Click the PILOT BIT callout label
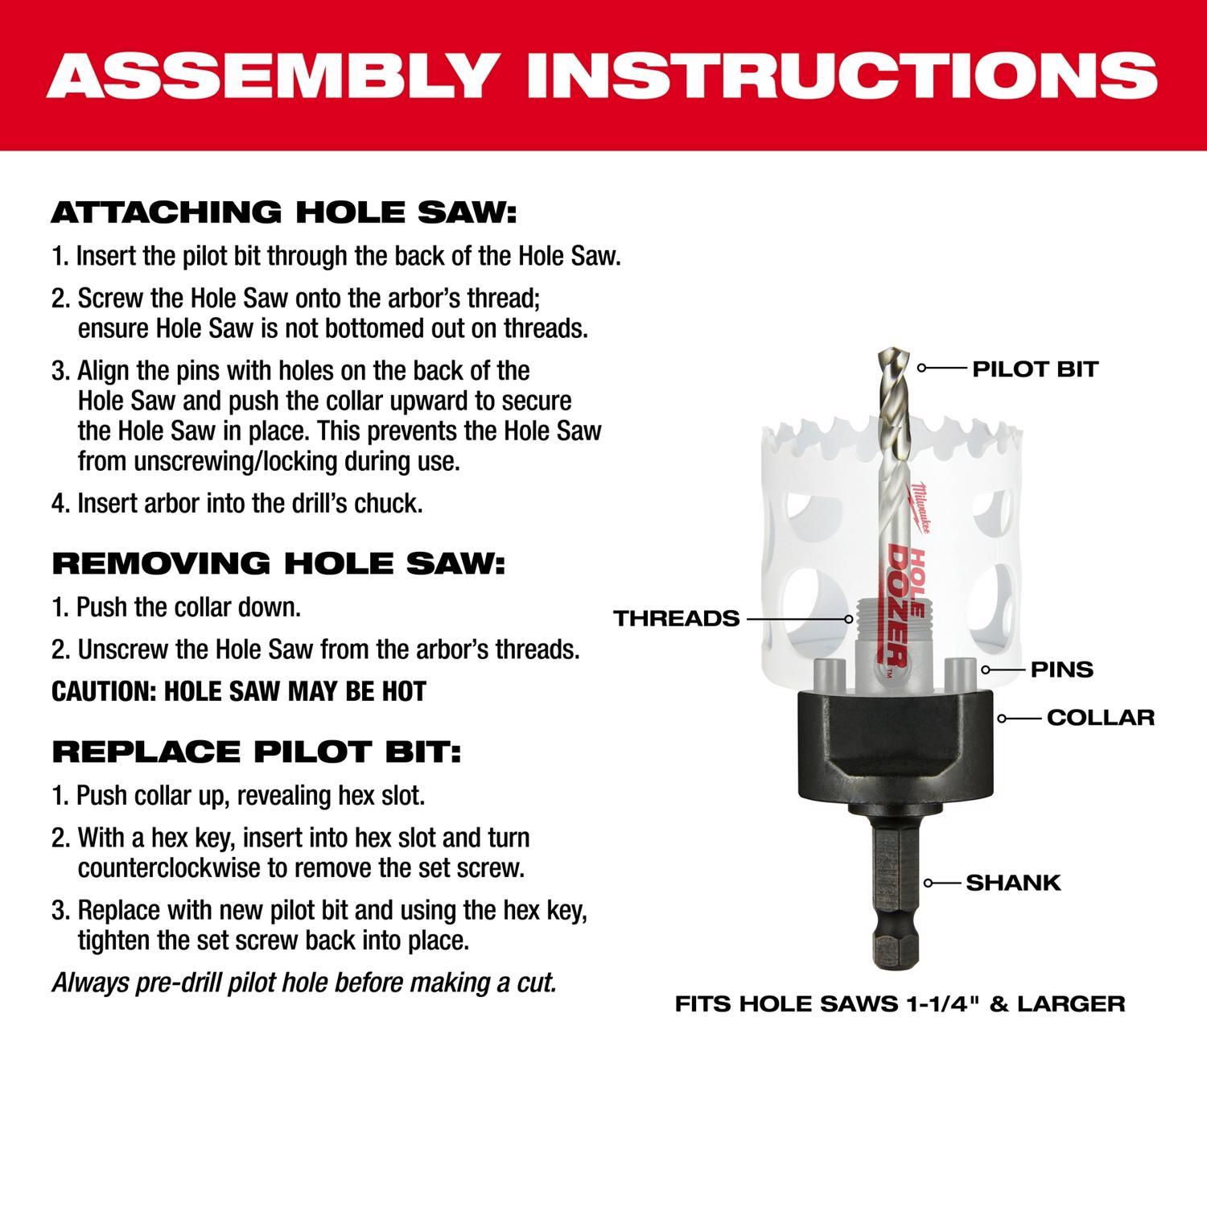[1035, 369]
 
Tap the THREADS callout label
[676, 619]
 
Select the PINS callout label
[1061, 669]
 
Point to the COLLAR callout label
[1100, 717]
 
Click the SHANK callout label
[1013, 883]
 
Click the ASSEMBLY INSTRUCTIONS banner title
[602, 76]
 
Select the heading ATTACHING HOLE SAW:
[283, 213]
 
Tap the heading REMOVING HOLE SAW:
[278, 563]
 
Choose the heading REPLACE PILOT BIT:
[257, 752]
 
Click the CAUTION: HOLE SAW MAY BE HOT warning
[239, 691]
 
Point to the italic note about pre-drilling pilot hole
[304, 982]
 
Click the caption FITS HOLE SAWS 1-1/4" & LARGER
[900, 1004]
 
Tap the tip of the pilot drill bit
[892, 355]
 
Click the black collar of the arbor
[893, 736]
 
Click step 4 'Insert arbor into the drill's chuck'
[237, 504]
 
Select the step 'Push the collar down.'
[176, 607]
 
